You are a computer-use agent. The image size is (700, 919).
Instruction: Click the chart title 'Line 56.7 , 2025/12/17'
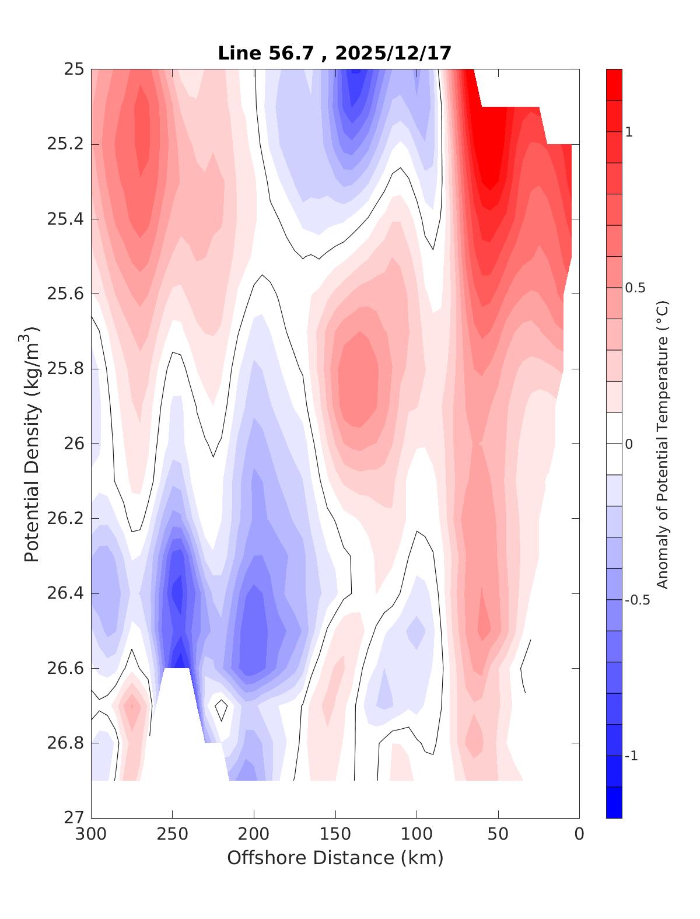334,53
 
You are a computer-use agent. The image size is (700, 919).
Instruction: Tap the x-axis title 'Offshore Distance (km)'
335,858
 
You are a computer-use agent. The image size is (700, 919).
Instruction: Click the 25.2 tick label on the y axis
65,144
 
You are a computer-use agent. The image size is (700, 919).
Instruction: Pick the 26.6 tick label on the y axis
65,668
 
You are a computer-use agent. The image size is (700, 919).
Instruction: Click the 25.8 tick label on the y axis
65,369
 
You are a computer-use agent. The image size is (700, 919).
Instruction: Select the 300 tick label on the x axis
92,835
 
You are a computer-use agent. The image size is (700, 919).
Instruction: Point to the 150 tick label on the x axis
335,835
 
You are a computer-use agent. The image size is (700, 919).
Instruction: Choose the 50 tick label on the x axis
498,835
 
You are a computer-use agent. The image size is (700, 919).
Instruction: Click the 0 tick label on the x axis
579,835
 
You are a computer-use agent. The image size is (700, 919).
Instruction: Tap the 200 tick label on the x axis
254,835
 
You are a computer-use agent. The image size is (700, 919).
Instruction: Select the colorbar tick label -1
632,756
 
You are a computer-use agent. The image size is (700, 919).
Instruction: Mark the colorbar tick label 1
629,132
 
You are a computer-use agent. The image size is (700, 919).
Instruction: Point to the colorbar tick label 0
629,445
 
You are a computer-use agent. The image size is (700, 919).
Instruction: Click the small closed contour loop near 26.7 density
221,709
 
